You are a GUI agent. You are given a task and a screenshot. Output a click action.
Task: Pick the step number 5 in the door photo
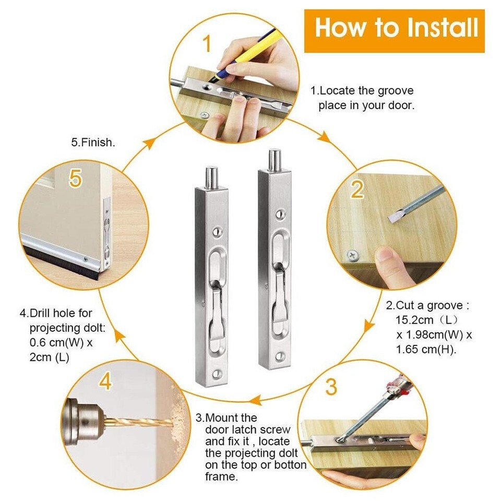point(76,179)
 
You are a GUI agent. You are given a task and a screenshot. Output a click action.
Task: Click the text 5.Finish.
point(92,142)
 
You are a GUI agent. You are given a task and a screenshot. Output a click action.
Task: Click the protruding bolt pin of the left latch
point(211,177)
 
